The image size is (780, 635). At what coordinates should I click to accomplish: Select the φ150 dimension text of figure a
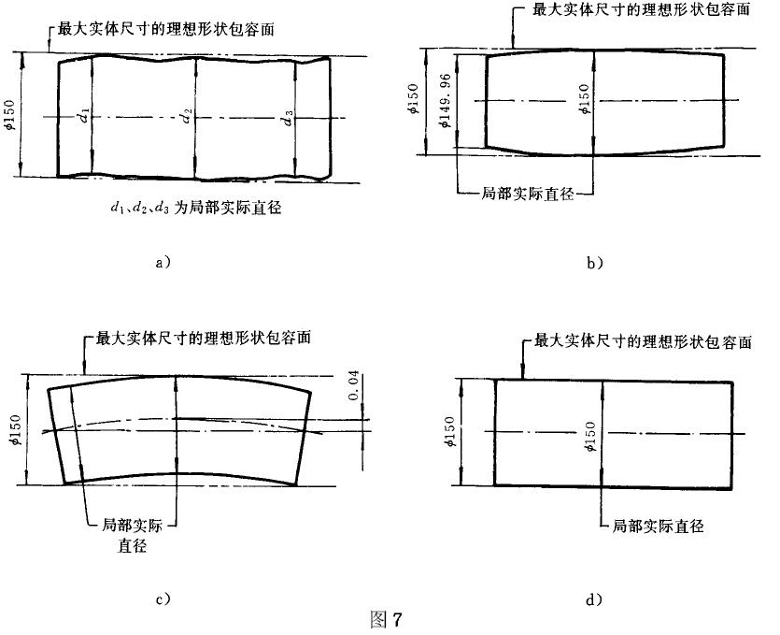point(10,114)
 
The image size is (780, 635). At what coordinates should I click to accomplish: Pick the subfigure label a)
point(161,263)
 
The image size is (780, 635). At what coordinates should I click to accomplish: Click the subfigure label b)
point(596,263)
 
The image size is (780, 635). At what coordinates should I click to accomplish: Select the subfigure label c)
point(161,599)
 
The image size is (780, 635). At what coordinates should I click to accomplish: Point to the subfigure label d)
point(596,599)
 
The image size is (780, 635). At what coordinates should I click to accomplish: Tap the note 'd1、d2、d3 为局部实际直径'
point(194,209)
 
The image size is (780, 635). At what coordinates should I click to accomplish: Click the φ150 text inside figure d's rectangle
point(589,433)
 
